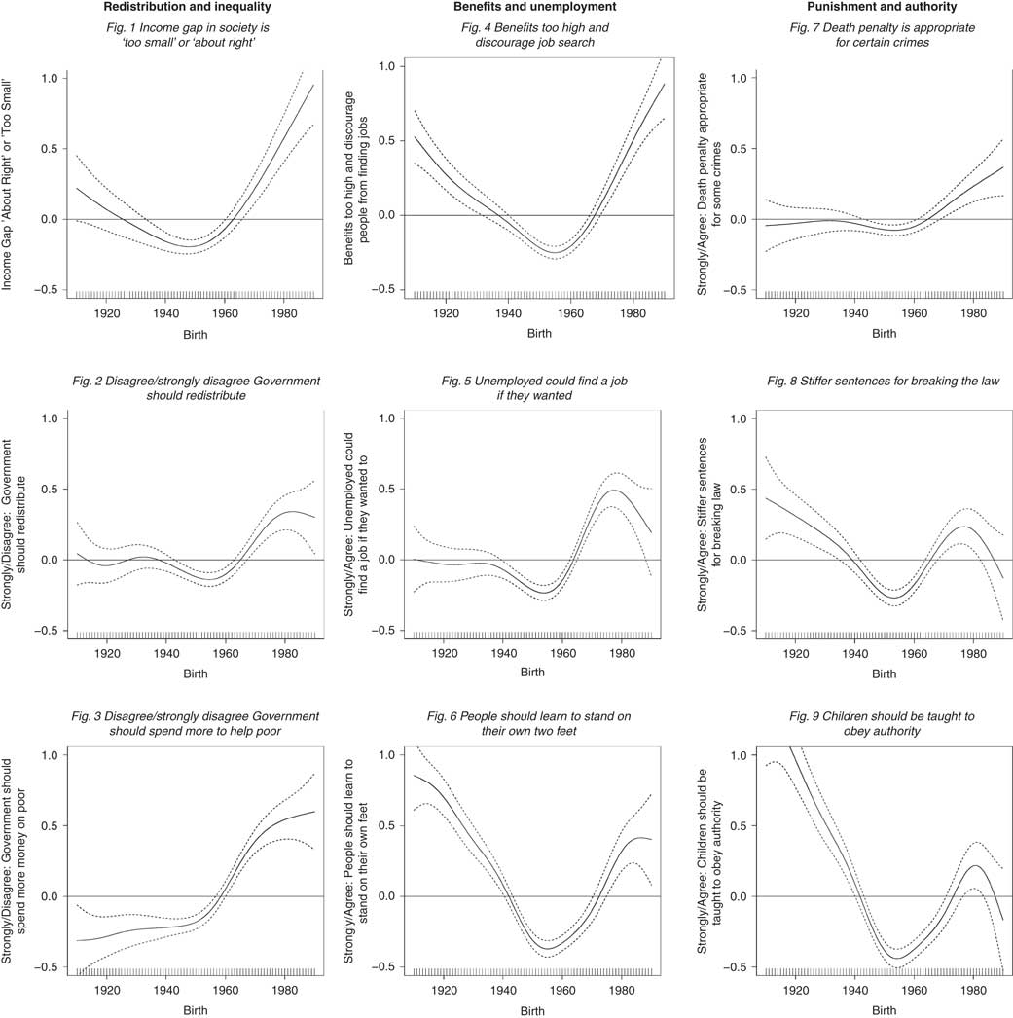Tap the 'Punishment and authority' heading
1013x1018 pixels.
pos(884,9)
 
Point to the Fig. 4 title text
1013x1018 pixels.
pos(532,37)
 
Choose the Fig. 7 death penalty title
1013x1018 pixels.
pos(884,37)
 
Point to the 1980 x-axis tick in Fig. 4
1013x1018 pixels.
pos(633,313)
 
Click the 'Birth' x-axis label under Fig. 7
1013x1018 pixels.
pos(884,334)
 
